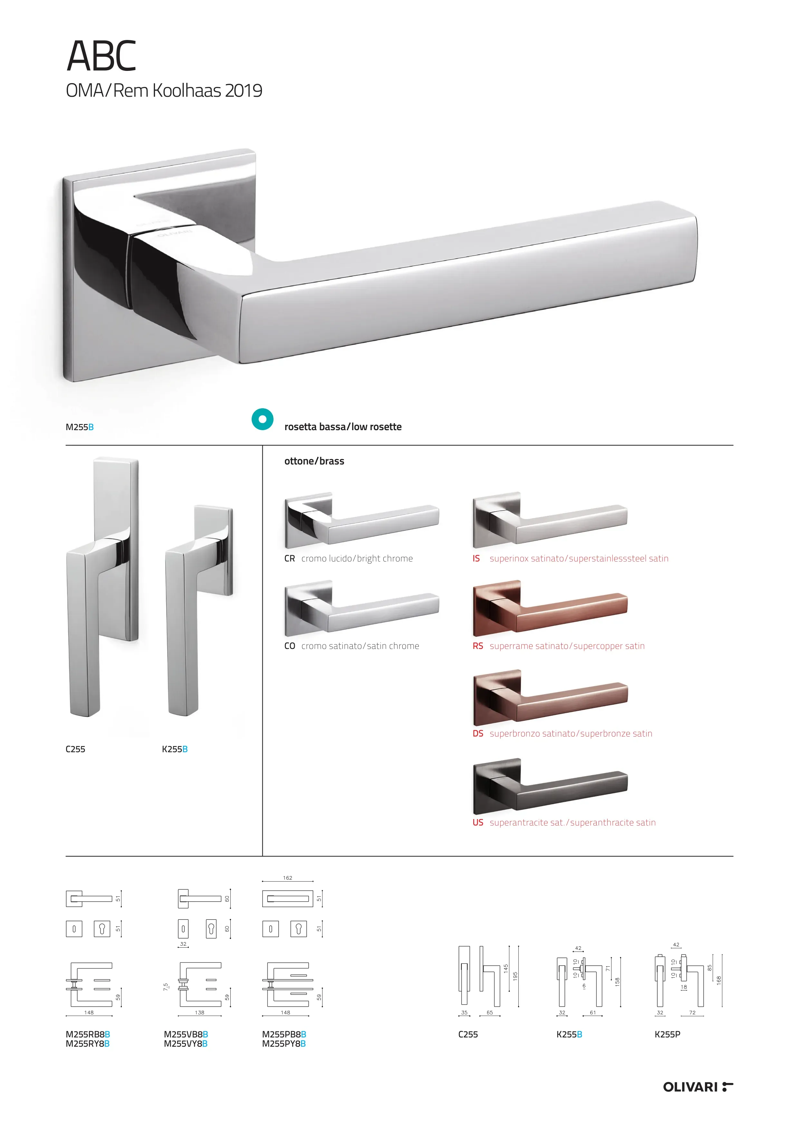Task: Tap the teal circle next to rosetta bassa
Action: (x=262, y=419)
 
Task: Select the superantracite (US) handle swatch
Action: (x=550, y=787)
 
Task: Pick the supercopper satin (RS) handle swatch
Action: (x=550, y=608)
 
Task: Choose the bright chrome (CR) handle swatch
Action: (x=361, y=520)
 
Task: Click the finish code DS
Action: (x=478, y=733)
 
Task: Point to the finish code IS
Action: (x=476, y=559)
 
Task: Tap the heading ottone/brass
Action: (x=314, y=461)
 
